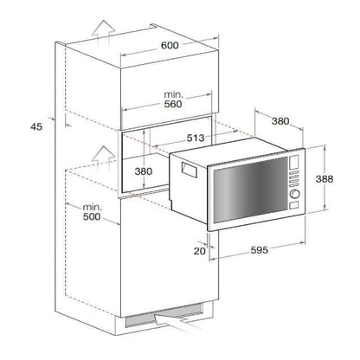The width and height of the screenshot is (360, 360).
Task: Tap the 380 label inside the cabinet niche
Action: pos(145,171)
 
